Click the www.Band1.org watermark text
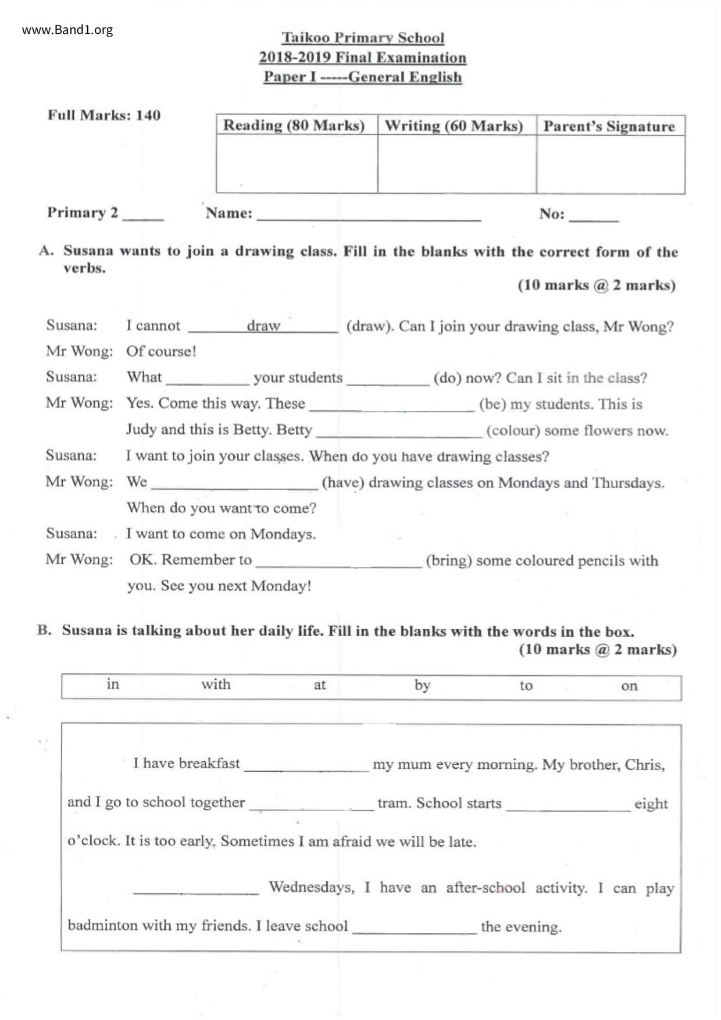click(x=67, y=30)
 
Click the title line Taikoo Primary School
click(x=363, y=38)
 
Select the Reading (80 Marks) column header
click(x=294, y=126)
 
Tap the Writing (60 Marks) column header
click(x=454, y=126)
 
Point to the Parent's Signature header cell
click(x=609, y=126)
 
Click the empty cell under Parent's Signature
click(x=610, y=164)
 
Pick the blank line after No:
click(x=594, y=217)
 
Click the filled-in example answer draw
click(x=263, y=326)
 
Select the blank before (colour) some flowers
click(x=399, y=432)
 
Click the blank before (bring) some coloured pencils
click(x=338, y=562)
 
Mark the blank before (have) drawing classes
click(x=234, y=484)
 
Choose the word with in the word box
click(x=216, y=684)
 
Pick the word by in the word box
click(x=422, y=685)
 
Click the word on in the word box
click(x=629, y=686)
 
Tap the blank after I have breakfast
click(x=306, y=766)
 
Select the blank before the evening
click(x=414, y=929)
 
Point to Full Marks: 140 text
click(x=104, y=115)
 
